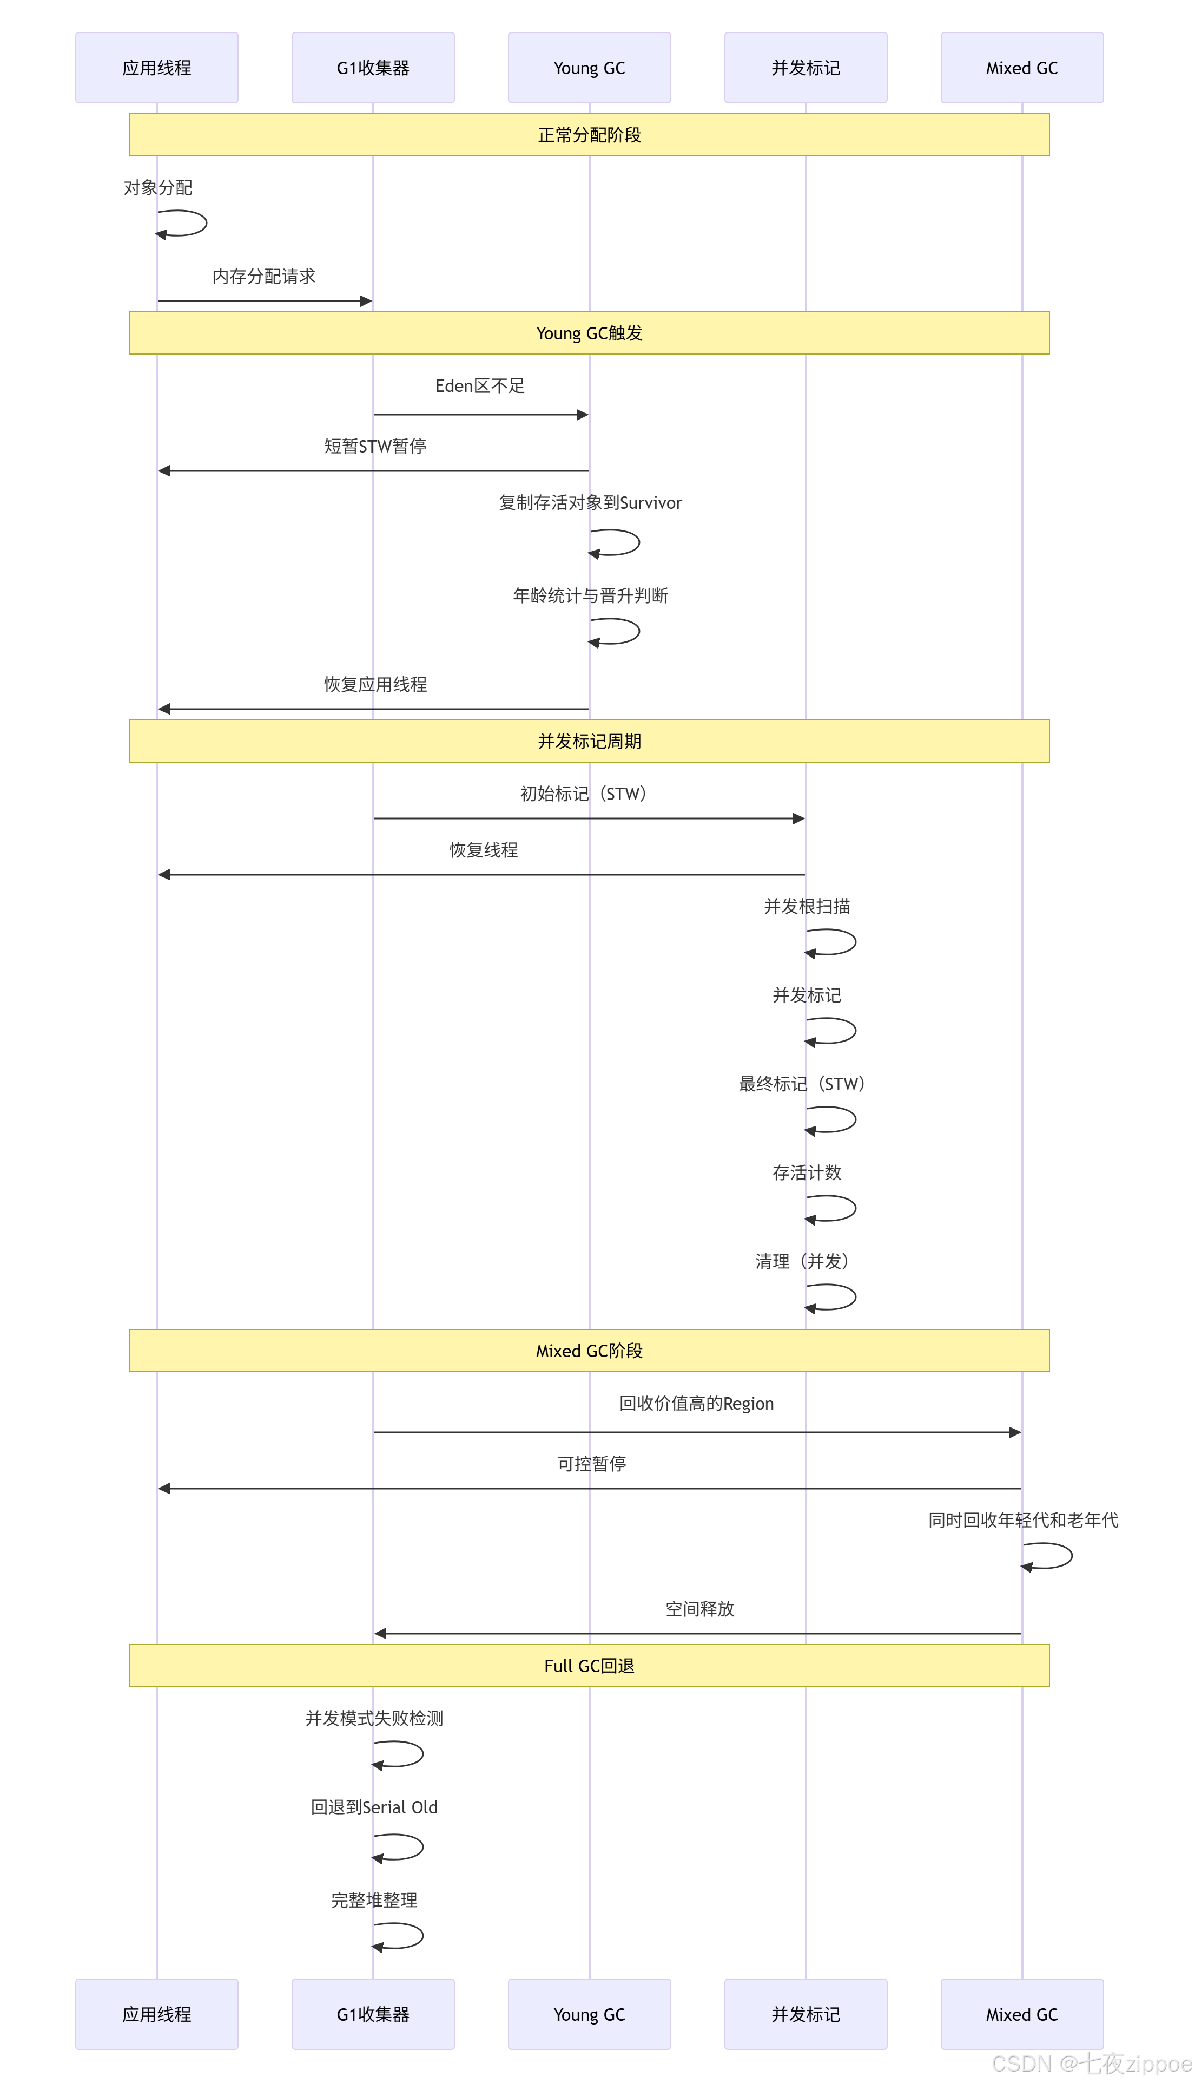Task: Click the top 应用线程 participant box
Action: pos(157,68)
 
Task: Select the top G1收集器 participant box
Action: pos(373,68)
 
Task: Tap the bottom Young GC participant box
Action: pos(589,2014)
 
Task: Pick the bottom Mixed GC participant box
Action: pos(1022,2014)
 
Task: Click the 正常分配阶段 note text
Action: pos(589,135)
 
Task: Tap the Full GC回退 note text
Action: pos(589,1665)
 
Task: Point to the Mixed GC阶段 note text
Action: pos(589,1351)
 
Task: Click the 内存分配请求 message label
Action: pos(263,277)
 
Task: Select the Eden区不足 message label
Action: pos(480,386)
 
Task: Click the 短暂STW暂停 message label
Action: pos(375,446)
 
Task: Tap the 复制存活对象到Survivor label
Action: pos(590,502)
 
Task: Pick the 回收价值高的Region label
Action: pos(696,1403)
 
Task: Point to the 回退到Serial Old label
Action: pos(374,1807)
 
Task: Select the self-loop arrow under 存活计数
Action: pos(833,1209)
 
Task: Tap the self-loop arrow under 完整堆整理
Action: pos(400,1936)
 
